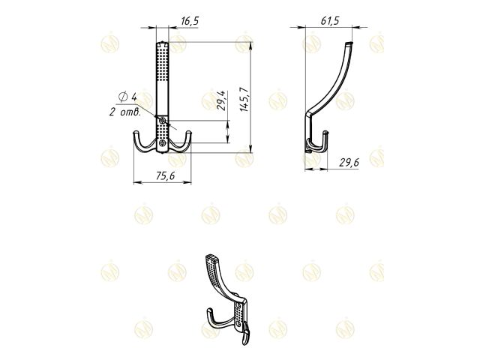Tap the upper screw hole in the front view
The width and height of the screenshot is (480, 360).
pos(163,120)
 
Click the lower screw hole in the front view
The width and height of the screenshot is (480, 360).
pos(163,141)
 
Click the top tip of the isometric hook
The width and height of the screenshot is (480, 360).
pos(209,259)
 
